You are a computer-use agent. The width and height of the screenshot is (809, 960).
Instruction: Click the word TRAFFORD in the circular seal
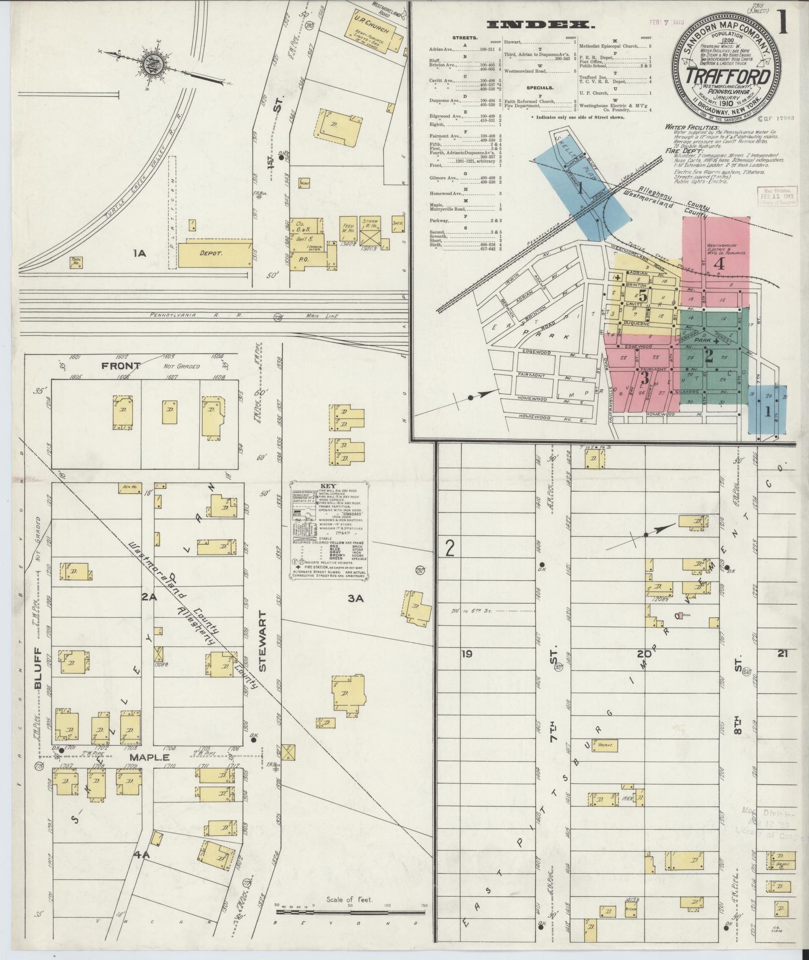728,77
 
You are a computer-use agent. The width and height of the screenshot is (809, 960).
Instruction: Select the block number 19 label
466,653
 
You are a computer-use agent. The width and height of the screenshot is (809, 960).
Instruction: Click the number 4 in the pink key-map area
719,264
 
